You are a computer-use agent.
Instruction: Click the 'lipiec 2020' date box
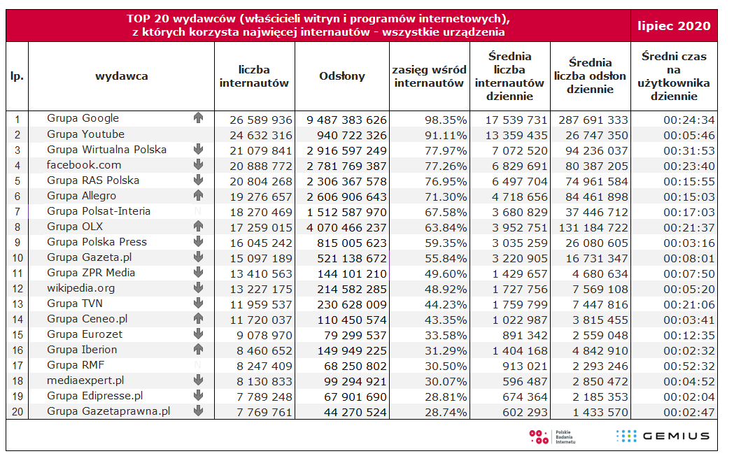(x=674, y=26)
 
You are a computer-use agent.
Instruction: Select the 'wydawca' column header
(x=122, y=76)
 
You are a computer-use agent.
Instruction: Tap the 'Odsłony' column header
(x=341, y=76)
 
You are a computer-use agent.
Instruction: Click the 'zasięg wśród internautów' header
(x=429, y=76)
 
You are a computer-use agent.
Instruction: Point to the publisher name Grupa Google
(x=83, y=118)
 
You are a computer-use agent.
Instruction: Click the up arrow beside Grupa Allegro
(x=198, y=196)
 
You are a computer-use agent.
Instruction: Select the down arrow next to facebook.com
(x=198, y=165)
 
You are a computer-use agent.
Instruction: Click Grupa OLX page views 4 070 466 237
(x=346, y=227)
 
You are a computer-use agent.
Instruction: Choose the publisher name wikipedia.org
(x=80, y=288)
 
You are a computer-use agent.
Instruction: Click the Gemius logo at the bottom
(x=663, y=436)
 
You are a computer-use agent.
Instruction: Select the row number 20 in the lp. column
(x=17, y=411)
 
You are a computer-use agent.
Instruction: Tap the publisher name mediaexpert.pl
(x=85, y=380)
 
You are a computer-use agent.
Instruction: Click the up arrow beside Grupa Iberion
(x=198, y=350)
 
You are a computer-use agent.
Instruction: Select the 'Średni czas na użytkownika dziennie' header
(x=674, y=76)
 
